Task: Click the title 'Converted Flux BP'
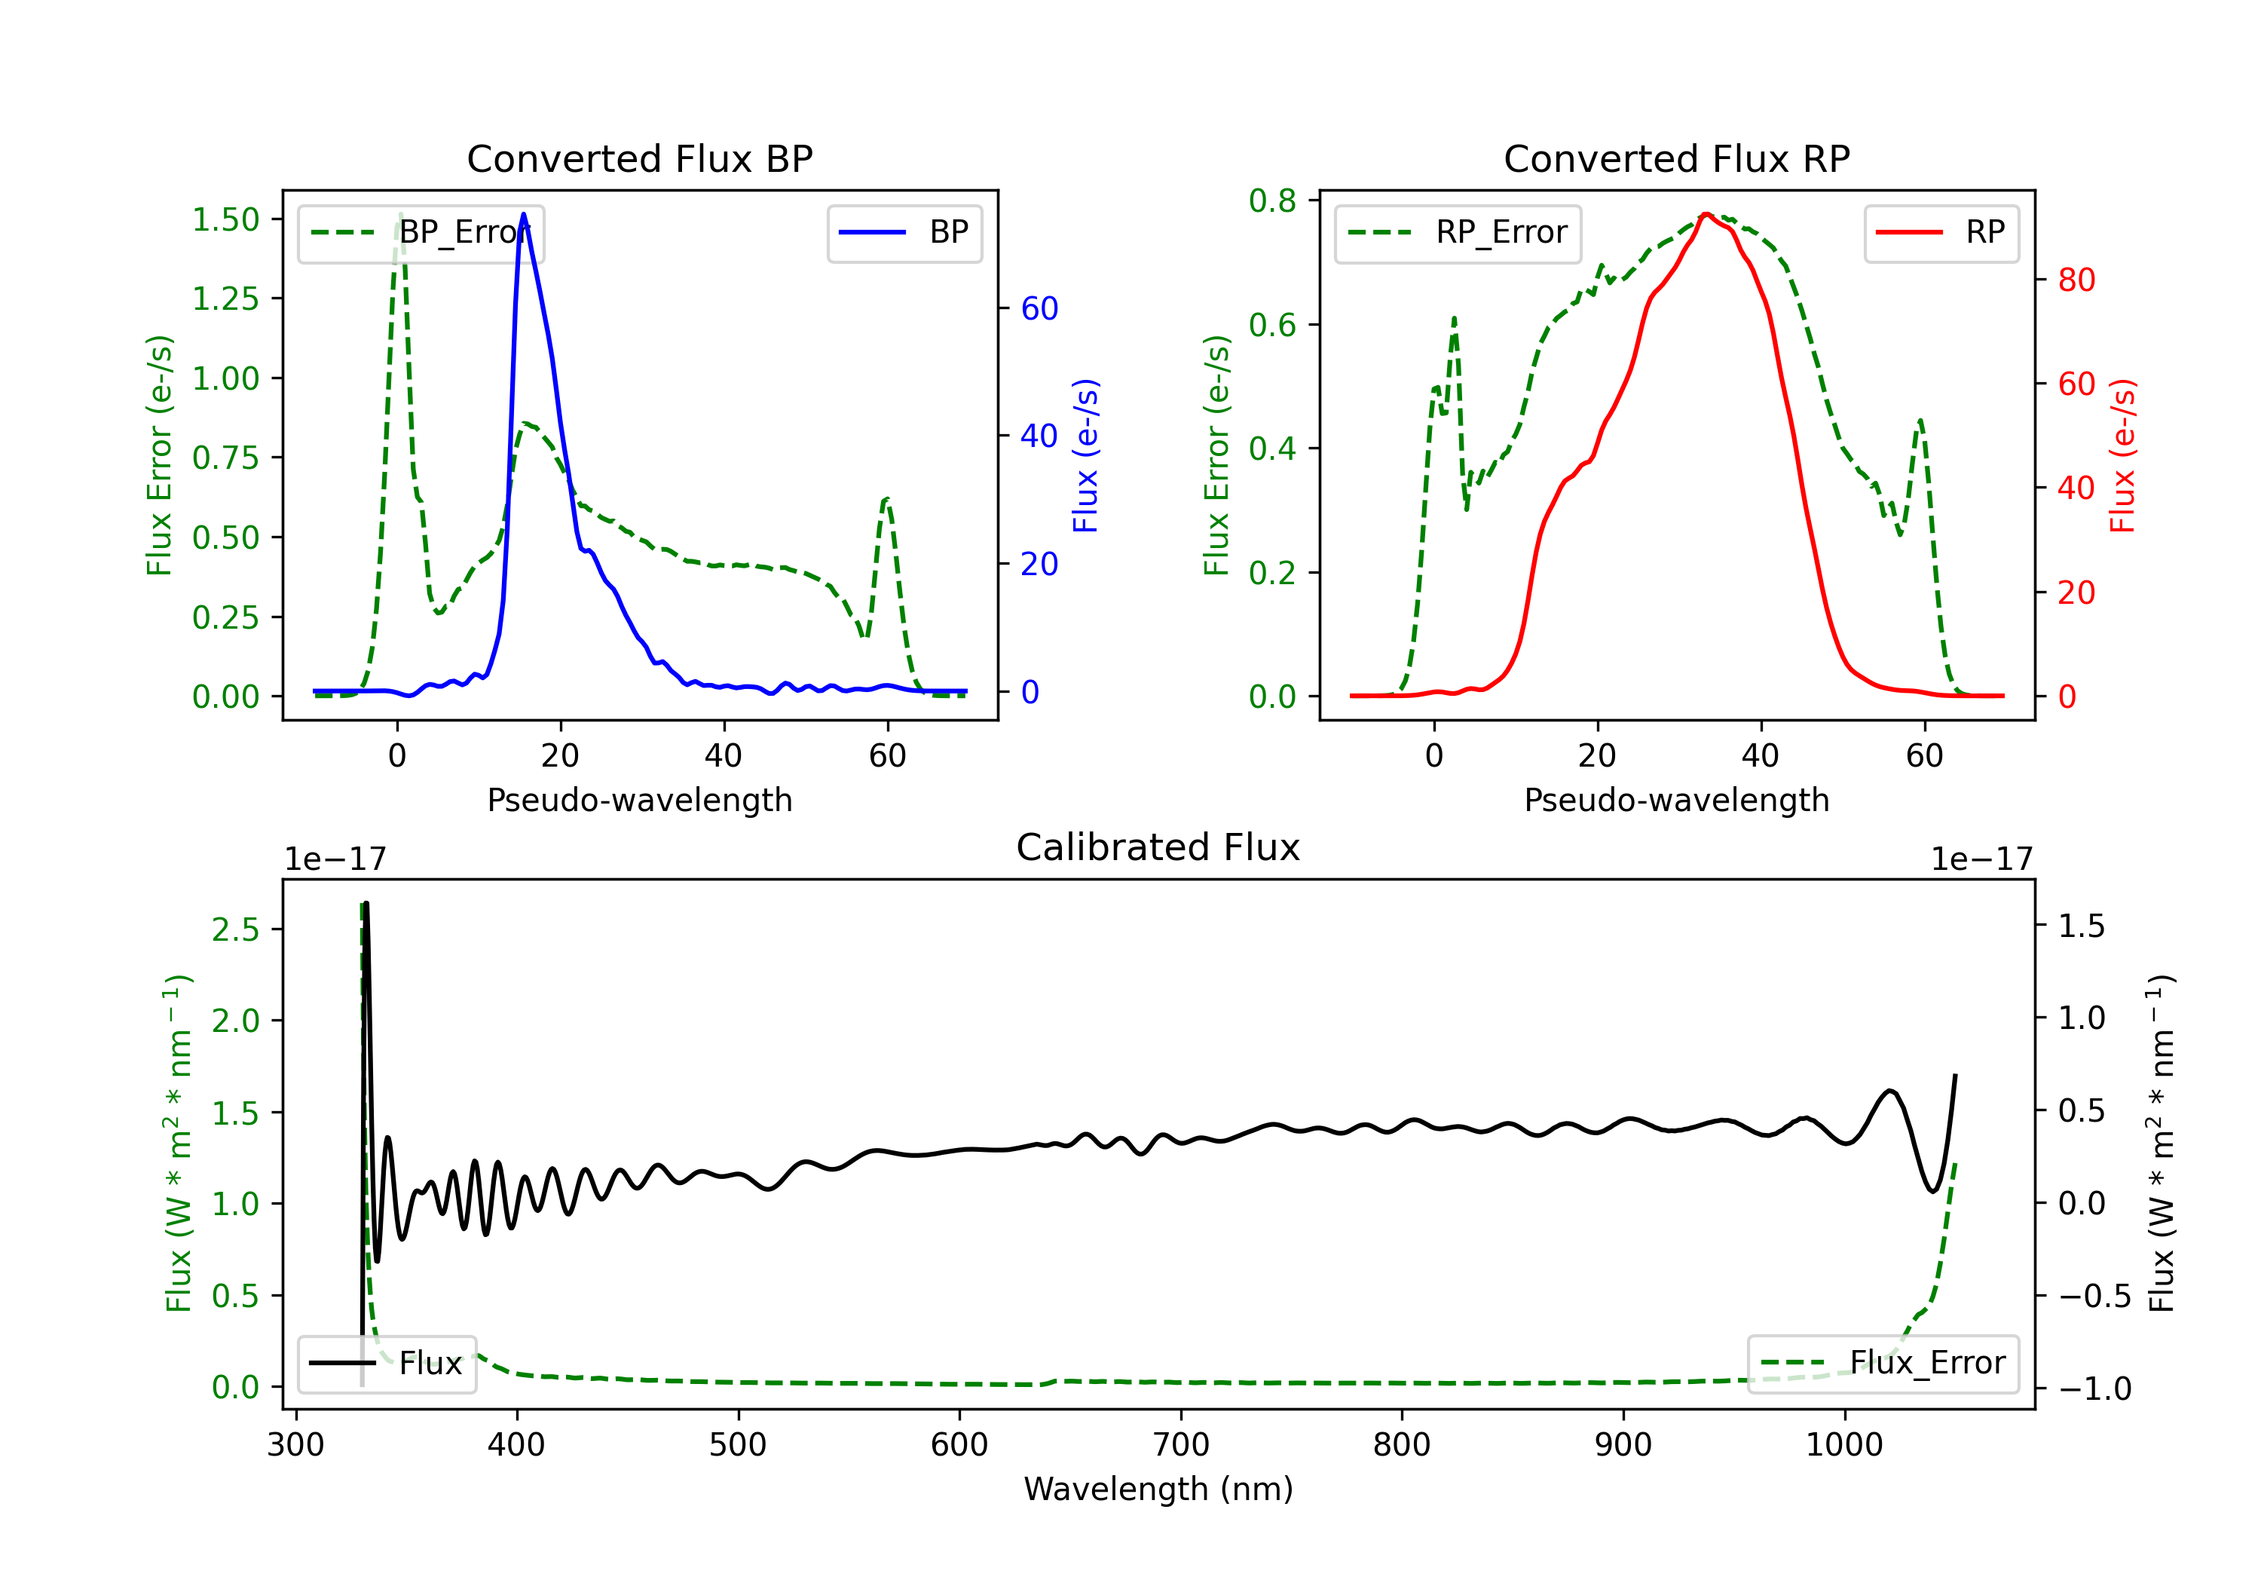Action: point(639,158)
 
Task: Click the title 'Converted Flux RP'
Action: point(1676,158)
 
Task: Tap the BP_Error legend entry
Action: point(421,232)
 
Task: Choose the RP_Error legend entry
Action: point(1458,232)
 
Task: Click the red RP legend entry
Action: point(1941,232)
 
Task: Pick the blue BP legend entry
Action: point(904,232)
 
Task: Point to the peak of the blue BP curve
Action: point(523,214)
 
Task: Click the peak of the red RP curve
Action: point(1706,214)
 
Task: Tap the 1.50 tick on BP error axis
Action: point(225,219)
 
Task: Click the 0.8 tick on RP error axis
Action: point(1272,201)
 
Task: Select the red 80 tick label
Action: point(2077,280)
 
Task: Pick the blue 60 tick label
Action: point(1040,308)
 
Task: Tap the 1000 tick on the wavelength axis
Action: point(1843,1445)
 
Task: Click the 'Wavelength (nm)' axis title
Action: point(1158,1489)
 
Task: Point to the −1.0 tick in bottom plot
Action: point(2094,1389)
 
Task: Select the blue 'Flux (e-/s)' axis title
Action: point(1085,455)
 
